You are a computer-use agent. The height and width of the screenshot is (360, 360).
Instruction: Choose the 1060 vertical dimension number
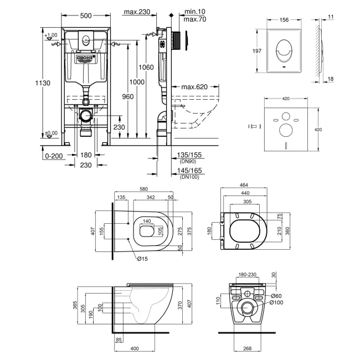tap(146, 68)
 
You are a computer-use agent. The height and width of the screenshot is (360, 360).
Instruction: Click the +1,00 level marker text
tap(51, 36)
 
